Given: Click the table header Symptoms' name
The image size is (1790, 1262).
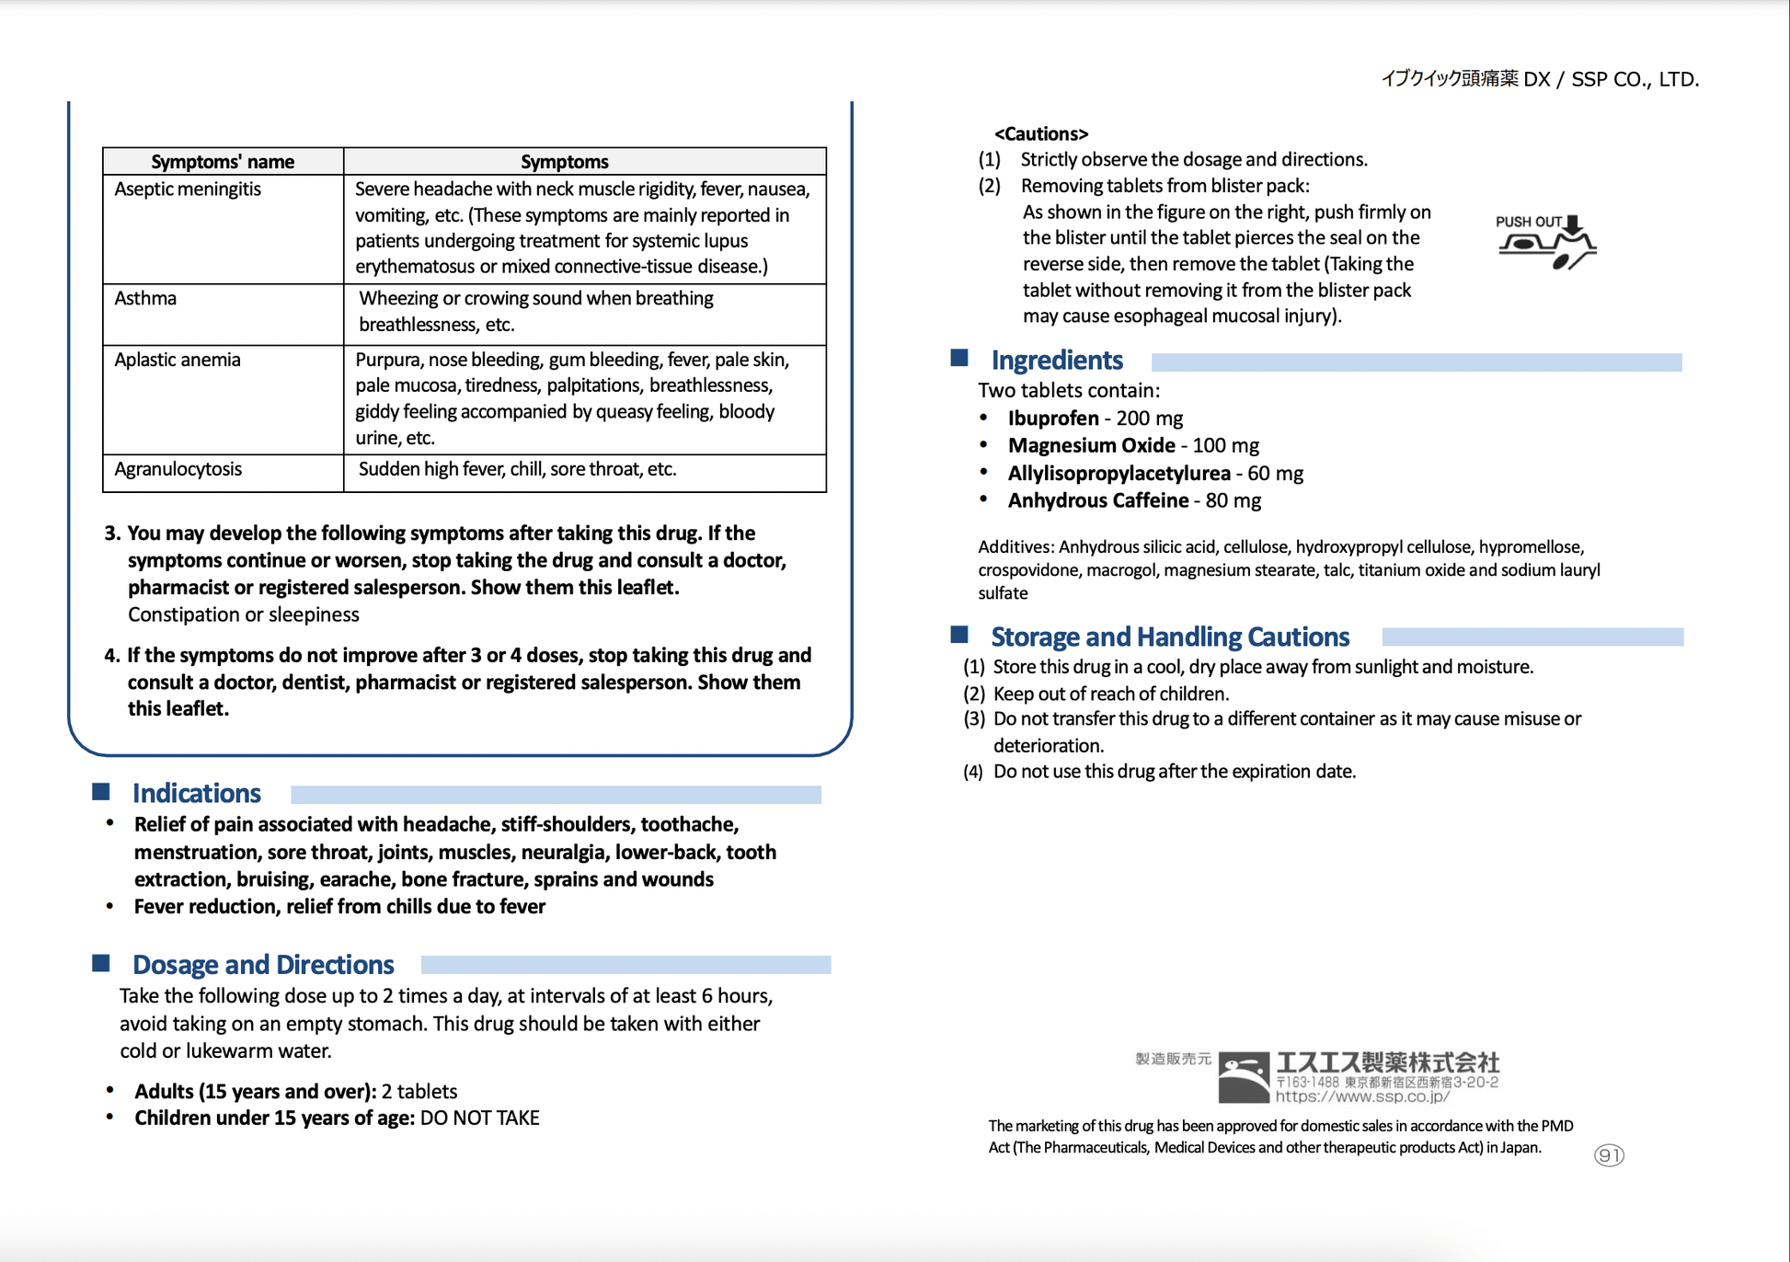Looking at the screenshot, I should [223, 162].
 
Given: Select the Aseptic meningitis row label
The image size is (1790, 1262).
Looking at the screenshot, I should [188, 189].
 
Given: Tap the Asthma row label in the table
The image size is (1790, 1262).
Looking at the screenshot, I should [145, 299].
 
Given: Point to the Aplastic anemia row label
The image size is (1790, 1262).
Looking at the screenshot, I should [178, 360].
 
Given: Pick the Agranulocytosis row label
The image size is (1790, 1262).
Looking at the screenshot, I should [178, 469].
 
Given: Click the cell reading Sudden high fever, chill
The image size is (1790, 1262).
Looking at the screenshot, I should [517, 469].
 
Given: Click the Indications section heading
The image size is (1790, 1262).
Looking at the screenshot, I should [197, 793].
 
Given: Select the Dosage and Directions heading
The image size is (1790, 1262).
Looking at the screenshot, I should [263, 964].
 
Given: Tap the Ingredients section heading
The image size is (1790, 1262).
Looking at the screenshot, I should [1057, 360].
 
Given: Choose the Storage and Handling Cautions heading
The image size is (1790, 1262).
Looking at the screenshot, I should [1170, 637].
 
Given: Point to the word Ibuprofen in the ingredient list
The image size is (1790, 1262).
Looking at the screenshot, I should [1053, 419].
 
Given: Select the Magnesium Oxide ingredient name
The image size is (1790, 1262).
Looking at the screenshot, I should [1091, 446].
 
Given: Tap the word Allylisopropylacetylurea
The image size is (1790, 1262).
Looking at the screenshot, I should [1119, 474].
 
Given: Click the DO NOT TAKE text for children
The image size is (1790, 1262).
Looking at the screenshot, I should [479, 1119].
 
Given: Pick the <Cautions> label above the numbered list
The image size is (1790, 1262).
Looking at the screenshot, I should [1041, 134].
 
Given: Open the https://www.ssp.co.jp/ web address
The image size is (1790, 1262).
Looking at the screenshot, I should [1362, 1096].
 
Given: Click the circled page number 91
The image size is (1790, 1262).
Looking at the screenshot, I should [1609, 1155].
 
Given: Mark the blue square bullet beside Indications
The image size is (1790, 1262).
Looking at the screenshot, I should [101, 792].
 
